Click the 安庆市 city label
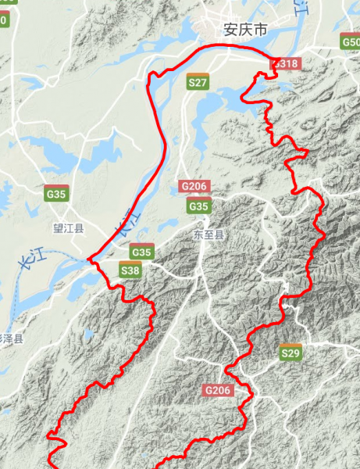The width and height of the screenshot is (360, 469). point(245,30)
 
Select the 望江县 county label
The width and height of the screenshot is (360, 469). point(68,229)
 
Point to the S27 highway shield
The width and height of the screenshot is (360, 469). point(198,81)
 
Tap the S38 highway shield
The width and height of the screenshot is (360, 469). point(131,270)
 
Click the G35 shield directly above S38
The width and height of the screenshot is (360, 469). point(141,252)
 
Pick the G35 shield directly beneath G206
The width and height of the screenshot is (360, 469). point(199,206)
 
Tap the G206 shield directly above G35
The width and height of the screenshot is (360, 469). point(194,186)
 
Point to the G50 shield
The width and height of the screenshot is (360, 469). point(351,42)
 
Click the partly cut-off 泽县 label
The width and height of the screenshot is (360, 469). point(12,339)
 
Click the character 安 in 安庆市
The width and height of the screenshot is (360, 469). point(230,30)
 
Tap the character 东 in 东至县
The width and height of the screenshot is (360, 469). point(197,234)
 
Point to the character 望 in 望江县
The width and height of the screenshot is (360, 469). point(57,229)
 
